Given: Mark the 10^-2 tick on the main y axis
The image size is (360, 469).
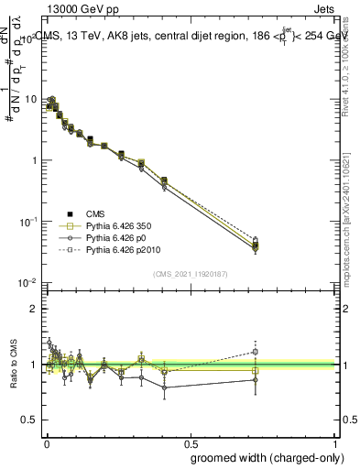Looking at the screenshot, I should click(27, 283).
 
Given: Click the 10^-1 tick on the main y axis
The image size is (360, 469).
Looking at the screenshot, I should click(27, 222).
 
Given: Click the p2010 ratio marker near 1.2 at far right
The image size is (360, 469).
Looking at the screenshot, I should click(256, 351).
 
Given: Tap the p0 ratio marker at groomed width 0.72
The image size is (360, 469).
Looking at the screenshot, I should click(256, 379).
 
